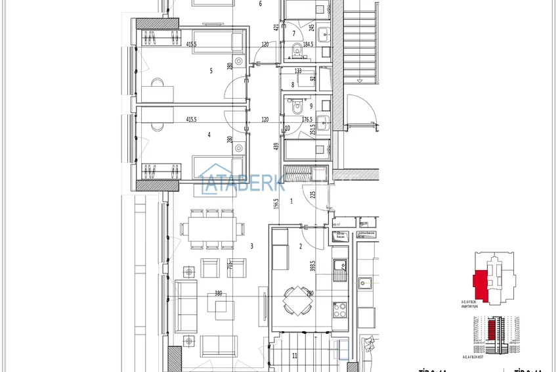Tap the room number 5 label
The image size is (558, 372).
click(x=211, y=71)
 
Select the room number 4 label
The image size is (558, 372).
click(x=209, y=135)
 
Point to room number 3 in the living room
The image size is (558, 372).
click(x=252, y=246)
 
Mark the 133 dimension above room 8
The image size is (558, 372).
click(x=298, y=71)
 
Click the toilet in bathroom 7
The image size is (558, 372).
click(x=296, y=48)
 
